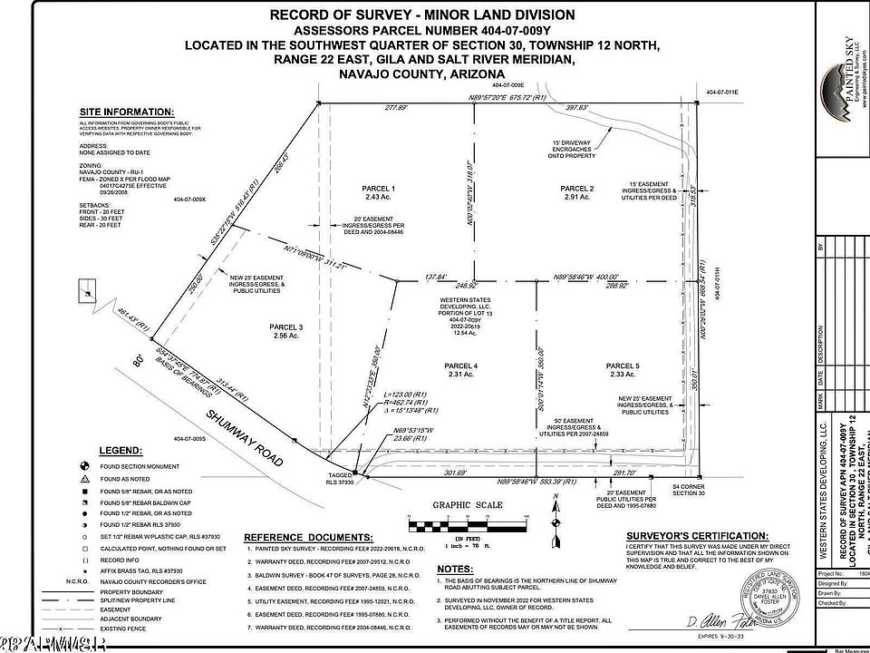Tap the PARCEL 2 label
click(578, 188)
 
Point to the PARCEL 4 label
click(460, 366)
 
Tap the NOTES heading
click(450, 569)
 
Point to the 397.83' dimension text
click(576, 107)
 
